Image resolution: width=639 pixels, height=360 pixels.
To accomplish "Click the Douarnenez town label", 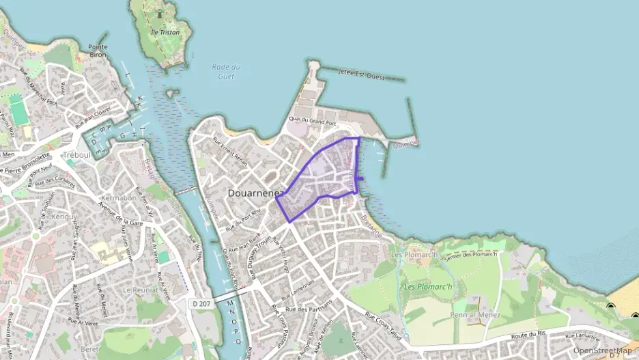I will pos(256,193).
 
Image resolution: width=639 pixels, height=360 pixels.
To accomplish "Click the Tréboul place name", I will pos(76,155).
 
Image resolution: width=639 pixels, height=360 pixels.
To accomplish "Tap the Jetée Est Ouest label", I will pos(361,76).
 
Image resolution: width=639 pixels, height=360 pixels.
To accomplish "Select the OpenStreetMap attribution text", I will pos(602,350).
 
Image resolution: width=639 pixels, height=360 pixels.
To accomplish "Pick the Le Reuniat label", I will pos(136,289).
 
